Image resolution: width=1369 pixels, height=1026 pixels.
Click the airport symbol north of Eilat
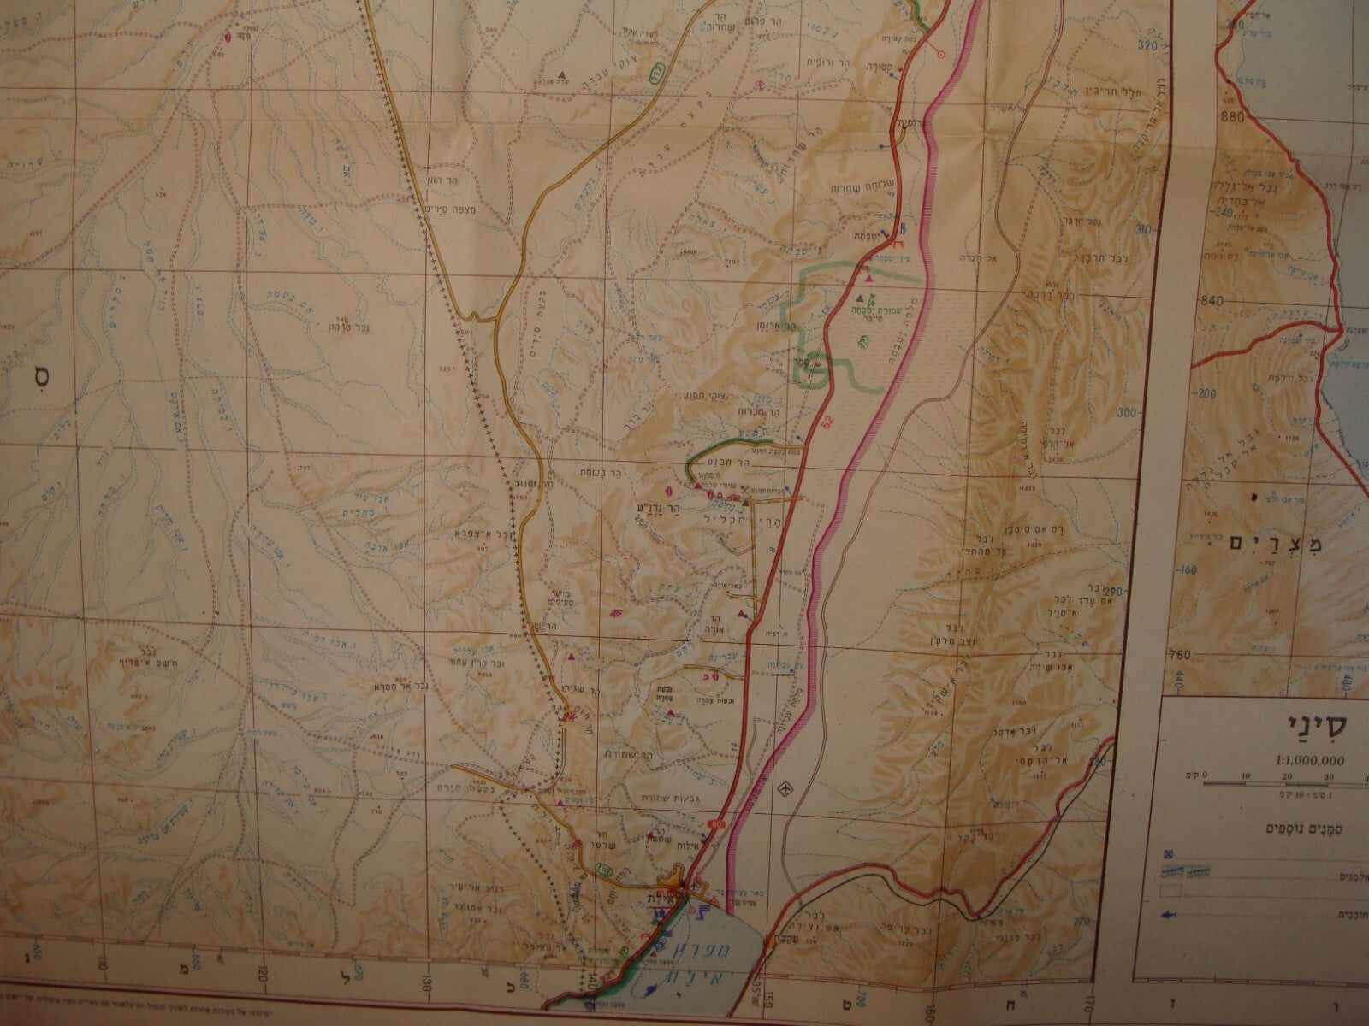pos(782,789)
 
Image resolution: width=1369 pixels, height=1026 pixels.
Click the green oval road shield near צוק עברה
pos(659,74)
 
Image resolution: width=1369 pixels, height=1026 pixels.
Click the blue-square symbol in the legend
pos(1169,852)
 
